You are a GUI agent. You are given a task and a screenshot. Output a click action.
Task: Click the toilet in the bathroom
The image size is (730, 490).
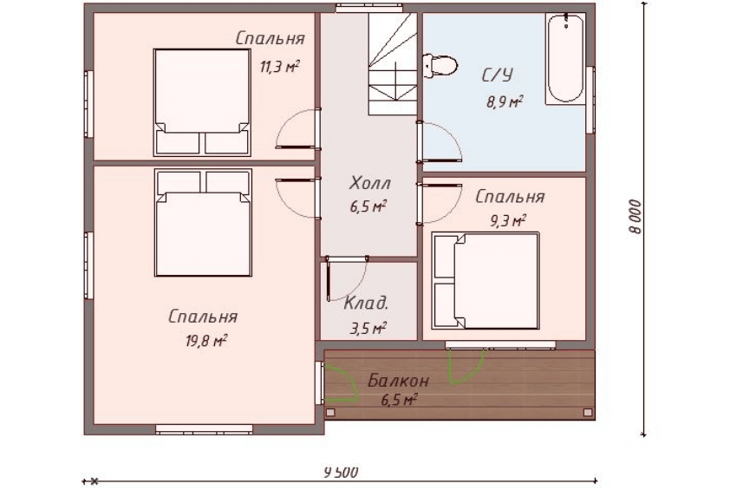pos(440,66)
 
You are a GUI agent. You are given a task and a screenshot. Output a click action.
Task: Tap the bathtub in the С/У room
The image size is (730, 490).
pos(565,59)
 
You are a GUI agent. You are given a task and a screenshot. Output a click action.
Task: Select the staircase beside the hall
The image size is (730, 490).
pos(393,64)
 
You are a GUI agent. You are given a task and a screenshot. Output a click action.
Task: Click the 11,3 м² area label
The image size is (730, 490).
pos(279,67)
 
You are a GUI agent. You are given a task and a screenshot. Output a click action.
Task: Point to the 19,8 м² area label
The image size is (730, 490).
pos(206,342)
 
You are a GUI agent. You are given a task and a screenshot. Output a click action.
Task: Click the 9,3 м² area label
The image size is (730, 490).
pos(507,220)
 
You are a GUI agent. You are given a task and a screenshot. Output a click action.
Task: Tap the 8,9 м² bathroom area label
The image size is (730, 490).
pos(505,101)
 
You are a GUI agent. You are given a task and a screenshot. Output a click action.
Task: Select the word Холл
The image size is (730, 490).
pos(370,183)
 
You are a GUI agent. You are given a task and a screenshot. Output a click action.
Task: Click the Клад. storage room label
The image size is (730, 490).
pos(366,304)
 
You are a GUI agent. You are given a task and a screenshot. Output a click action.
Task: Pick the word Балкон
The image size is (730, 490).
pos(399,381)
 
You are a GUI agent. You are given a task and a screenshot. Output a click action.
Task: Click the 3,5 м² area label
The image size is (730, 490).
pos(368,329)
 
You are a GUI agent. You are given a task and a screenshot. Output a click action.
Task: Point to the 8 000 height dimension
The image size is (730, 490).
pos(634,217)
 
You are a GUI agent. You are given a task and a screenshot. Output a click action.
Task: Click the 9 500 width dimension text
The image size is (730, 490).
pos(342,473)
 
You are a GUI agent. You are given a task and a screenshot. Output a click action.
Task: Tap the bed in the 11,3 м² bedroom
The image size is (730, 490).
pos(202,102)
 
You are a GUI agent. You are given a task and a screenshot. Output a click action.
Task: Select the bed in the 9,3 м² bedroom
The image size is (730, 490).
pos(486,281)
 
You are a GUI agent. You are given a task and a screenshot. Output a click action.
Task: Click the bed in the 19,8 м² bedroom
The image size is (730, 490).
pos(203,223)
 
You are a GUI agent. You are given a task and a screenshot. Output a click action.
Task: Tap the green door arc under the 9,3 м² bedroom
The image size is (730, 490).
pos(466,367)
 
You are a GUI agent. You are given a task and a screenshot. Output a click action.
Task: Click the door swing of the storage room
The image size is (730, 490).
pos(348,278)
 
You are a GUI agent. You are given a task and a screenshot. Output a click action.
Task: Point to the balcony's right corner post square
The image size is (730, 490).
pos(588,412)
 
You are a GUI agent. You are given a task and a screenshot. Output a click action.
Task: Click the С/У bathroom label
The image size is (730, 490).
pos(498,75)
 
